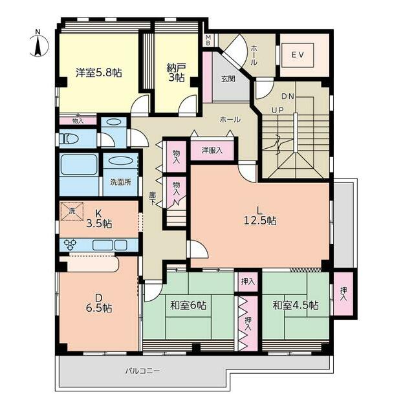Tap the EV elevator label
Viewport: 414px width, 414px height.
(298, 55)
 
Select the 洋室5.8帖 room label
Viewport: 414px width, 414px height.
(99, 72)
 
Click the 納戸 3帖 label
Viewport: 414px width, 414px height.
(177, 72)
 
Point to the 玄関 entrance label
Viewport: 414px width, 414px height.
(228, 79)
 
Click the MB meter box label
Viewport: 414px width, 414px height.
(208, 40)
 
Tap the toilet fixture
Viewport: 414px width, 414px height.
(69, 138)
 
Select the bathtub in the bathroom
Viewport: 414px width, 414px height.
(79, 165)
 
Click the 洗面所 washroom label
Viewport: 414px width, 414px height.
(121, 182)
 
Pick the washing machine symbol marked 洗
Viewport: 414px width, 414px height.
(72, 211)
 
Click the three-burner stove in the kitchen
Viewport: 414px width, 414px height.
(71, 245)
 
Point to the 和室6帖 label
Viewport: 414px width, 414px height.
(188, 305)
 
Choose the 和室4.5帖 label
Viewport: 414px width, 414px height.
(296, 305)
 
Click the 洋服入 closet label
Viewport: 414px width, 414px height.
(212, 151)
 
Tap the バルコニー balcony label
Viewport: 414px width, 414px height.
(142, 371)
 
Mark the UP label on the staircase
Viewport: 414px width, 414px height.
(278, 110)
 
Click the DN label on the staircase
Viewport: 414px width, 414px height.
(287, 96)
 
